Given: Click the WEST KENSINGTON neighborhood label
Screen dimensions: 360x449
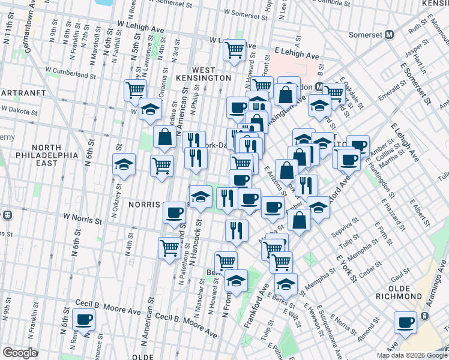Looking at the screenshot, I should pyautogui.click(x=203, y=73).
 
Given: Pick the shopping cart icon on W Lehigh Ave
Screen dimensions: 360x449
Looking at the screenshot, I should pyautogui.click(x=234, y=50).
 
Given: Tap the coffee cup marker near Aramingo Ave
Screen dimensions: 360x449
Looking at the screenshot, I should pyautogui.click(x=406, y=323).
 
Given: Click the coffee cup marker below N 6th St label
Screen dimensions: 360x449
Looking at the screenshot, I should pyautogui.click(x=83, y=320).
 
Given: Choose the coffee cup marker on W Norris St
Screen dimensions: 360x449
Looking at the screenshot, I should pyautogui.click(x=175, y=212).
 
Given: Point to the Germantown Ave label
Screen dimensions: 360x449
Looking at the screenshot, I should pyautogui.click(x=25, y=18).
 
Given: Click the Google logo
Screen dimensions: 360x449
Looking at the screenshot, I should pyautogui.click(x=20, y=353).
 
